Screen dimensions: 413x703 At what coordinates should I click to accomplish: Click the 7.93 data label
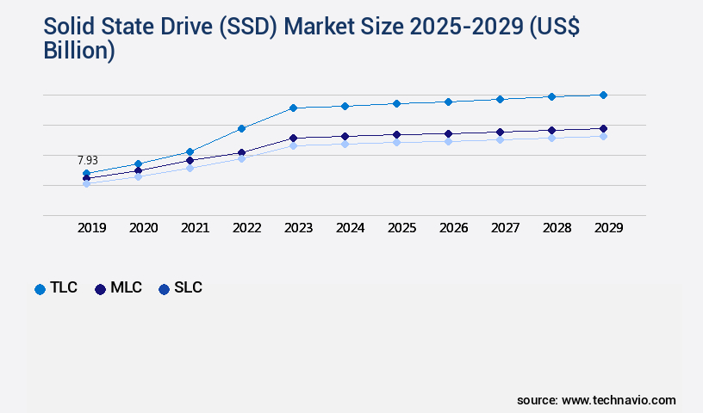(87, 160)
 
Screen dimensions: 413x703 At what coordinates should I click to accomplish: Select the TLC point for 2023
(293, 108)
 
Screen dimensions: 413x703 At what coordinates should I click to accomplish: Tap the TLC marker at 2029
(603, 95)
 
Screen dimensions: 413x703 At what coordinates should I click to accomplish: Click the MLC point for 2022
(241, 152)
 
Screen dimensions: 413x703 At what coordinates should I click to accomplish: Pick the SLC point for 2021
(190, 168)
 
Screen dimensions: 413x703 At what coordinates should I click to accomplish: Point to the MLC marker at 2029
(603, 128)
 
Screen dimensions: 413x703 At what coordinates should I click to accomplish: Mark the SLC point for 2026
(448, 141)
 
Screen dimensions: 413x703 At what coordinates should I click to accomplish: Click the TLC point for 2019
(86, 173)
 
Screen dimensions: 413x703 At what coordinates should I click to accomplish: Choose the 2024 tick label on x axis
(350, 228)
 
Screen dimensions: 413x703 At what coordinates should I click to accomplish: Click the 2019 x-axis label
(91, 228)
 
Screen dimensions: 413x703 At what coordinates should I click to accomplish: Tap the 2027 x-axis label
(505, 228)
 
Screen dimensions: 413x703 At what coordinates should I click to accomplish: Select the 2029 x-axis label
(608, 228)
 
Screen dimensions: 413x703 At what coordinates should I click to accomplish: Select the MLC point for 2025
(396, 134)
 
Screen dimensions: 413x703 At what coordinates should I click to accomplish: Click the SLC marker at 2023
(293, 145)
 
